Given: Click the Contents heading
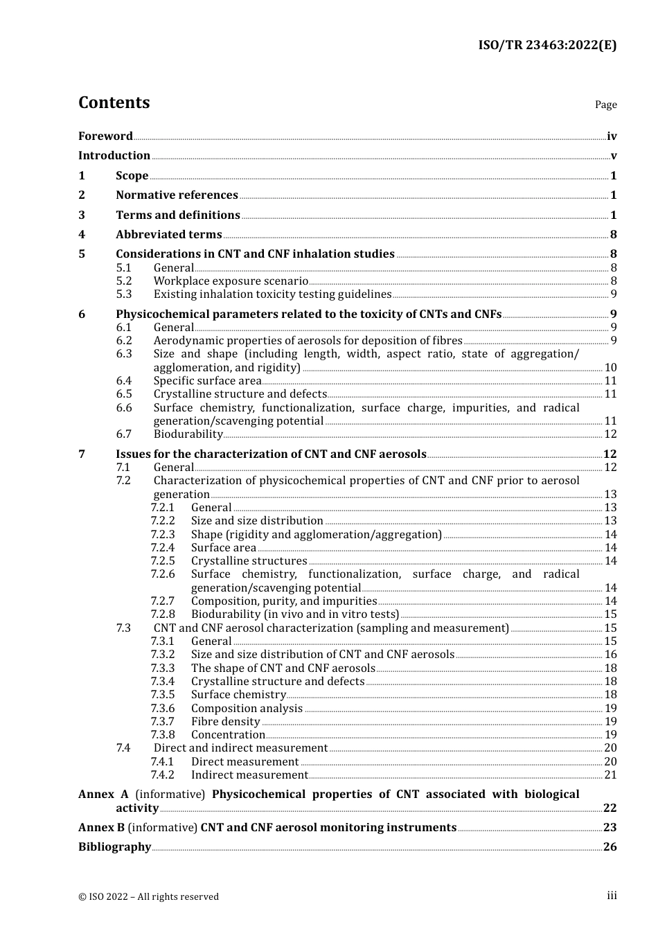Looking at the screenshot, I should pyautogui.click(x=114, y=103).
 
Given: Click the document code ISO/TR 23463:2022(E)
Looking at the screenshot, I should pyautogui.click(x=547, y=45).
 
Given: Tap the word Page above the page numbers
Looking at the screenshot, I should pyautogui.click(x=605, y=105).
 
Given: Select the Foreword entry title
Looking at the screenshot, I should pyautogui.click(x=105, y=136).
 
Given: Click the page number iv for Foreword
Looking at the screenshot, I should pyautogui.click(x=612, y=136).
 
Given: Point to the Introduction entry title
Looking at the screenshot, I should pyautogui.click(x=114, y=155).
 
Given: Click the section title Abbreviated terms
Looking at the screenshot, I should pyautogui.click(x=168, y=234).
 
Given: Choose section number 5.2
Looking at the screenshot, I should pyautogui.click(x=124, y=281).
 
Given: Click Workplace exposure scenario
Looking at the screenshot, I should pyautogui.click(x=231, y=281).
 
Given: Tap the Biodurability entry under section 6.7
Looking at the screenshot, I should pyautogui.click(x=188, y=434).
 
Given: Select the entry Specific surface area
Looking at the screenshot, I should pyautogui.click(x=207, y=380).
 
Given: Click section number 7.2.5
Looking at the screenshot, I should pyautogui.click(x=163, y=560).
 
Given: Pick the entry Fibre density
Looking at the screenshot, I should pyautogui.click(x=225, y=721).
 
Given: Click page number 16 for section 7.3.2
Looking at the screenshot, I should pyautogui.click(x=610, y=654).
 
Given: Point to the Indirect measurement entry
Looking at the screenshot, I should pyautogui.click(x=249, y=774).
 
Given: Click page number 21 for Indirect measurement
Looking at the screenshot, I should pyautogui.click(x=610, y=774).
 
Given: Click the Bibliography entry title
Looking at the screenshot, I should pyautogui.click(x=114, y=846).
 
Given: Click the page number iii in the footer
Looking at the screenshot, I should pyautogui.click(x=612, y=895).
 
